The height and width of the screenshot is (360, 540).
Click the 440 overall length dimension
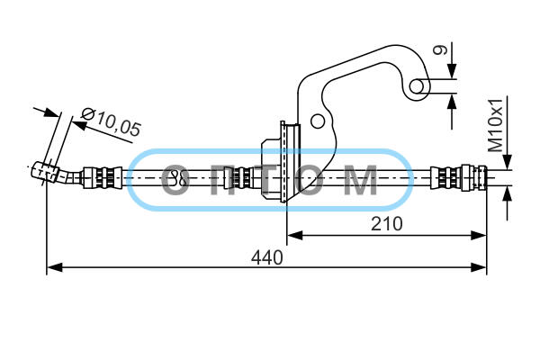tap(267, 257)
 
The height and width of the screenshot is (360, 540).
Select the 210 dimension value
tap(386, 224)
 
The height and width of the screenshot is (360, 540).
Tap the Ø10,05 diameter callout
tap(111, 122)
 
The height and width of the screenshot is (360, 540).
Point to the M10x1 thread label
tap(496, 125)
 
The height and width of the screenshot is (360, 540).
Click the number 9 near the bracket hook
tap(440, 49)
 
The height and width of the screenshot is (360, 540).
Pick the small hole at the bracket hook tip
tap(418, 86)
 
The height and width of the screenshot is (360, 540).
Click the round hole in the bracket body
tap(318, 121)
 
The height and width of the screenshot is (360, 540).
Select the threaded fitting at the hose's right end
tap(474, 177)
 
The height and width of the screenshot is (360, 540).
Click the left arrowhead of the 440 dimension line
tap(54, 267)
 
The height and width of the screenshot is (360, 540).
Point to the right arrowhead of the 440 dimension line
tap(479, 267)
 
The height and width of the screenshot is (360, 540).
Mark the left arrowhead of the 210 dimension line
tap(295, 236)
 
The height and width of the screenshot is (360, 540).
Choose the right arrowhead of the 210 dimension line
tap(479, 236)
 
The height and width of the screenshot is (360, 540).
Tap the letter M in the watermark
tap(361, 180)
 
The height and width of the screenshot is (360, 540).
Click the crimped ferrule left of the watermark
tap(103, 178)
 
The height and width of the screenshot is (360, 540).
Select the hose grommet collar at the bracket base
tap(281, 162)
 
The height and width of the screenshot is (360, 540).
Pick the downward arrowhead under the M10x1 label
tap(507, 162)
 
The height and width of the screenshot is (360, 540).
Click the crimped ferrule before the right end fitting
tap(445, 178)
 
